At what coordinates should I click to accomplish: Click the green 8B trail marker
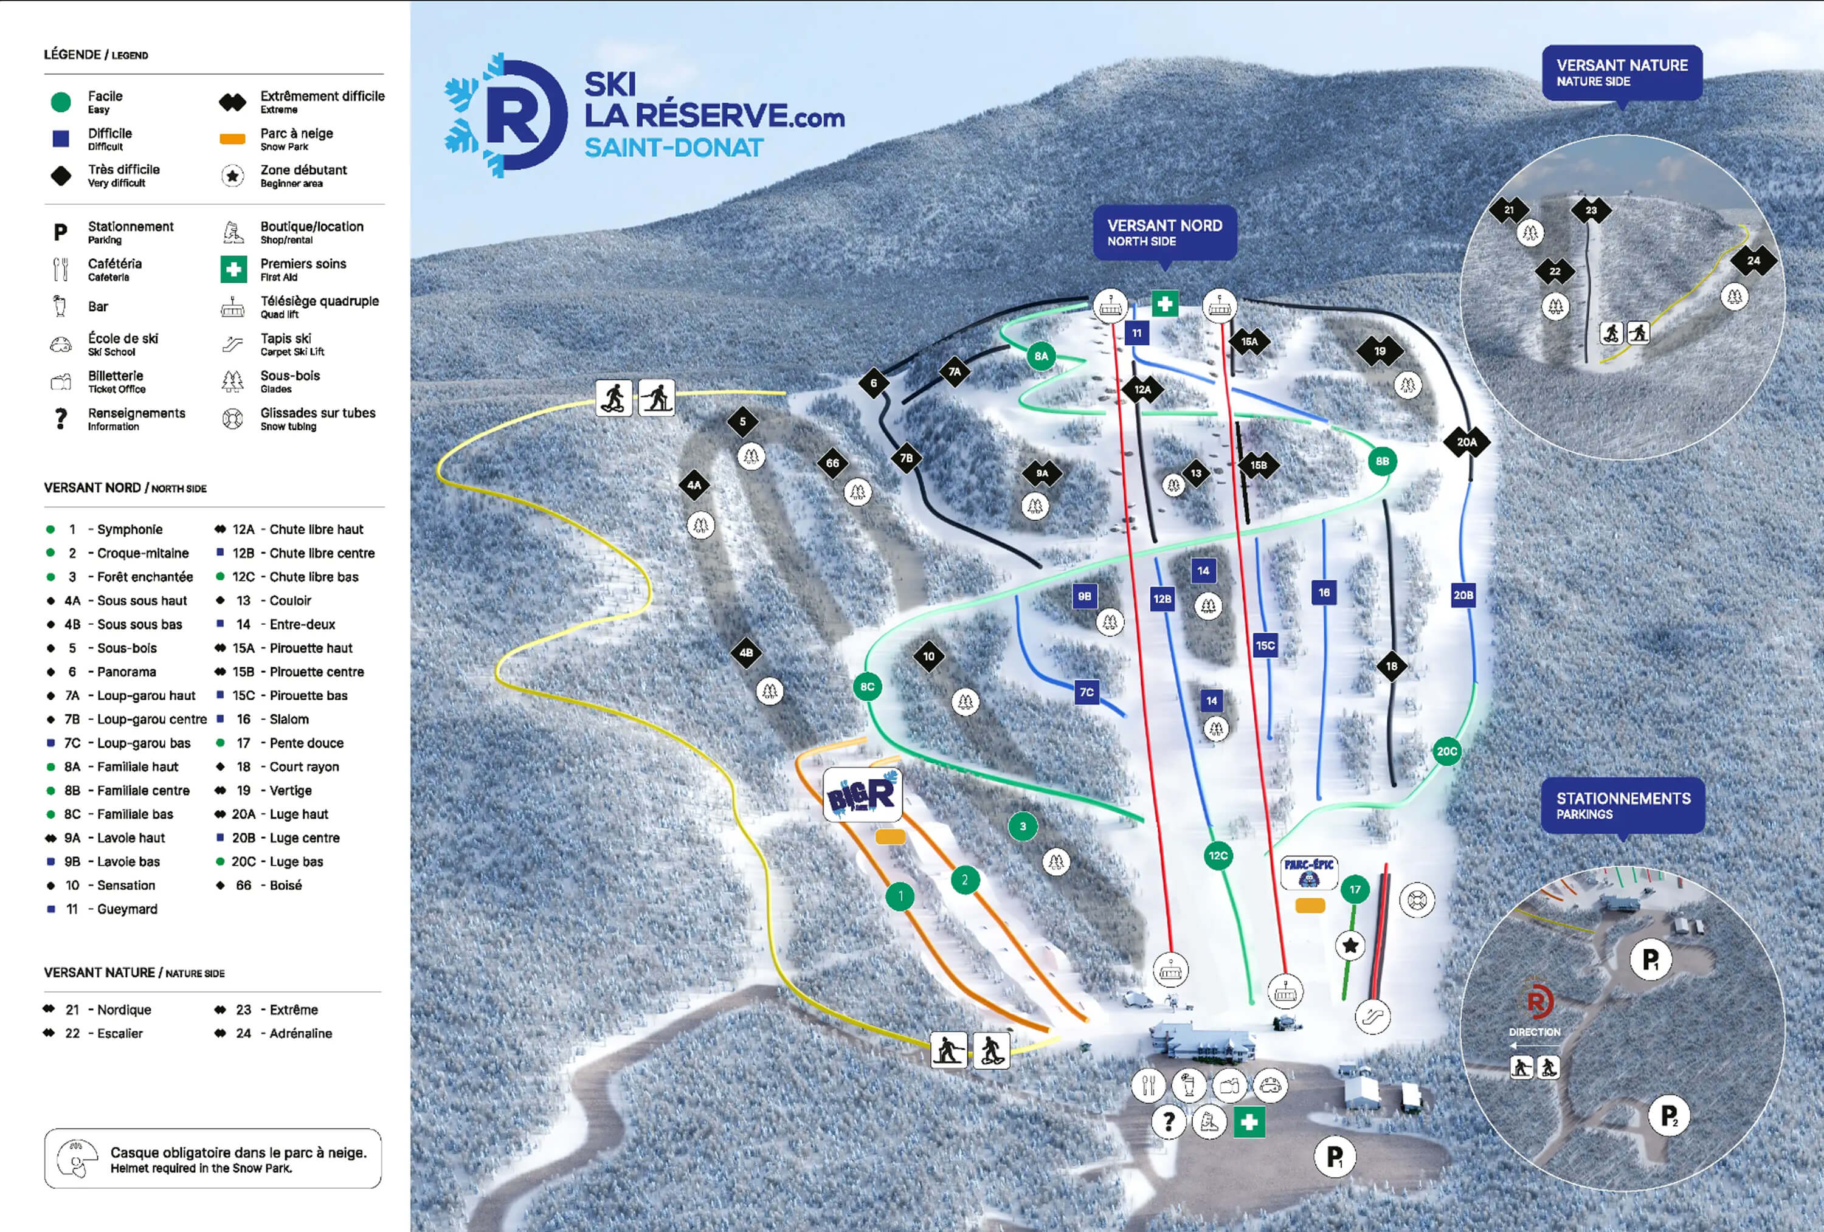coord(1382,461)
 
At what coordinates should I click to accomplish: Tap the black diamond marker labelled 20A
coord(1466,442)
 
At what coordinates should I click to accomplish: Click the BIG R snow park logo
coord(862,796)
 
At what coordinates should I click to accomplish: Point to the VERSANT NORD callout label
coord(1165,232)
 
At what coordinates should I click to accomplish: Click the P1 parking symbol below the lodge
coord(1334,1157)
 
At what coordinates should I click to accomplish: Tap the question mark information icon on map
coord(1168,1121)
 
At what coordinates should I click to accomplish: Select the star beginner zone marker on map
coord(1350,946)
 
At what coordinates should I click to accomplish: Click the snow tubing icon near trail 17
coord(1416,900)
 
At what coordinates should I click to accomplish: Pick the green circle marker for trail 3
coord(1022,827)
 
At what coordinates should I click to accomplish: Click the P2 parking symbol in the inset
coord(1668,1115)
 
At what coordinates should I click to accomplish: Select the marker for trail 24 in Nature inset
coord(1753,261)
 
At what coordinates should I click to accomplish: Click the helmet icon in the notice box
coord(78,1158)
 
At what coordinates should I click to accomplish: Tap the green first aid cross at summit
coord(1165,304)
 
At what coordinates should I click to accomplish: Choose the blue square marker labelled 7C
coord(1086,692)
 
